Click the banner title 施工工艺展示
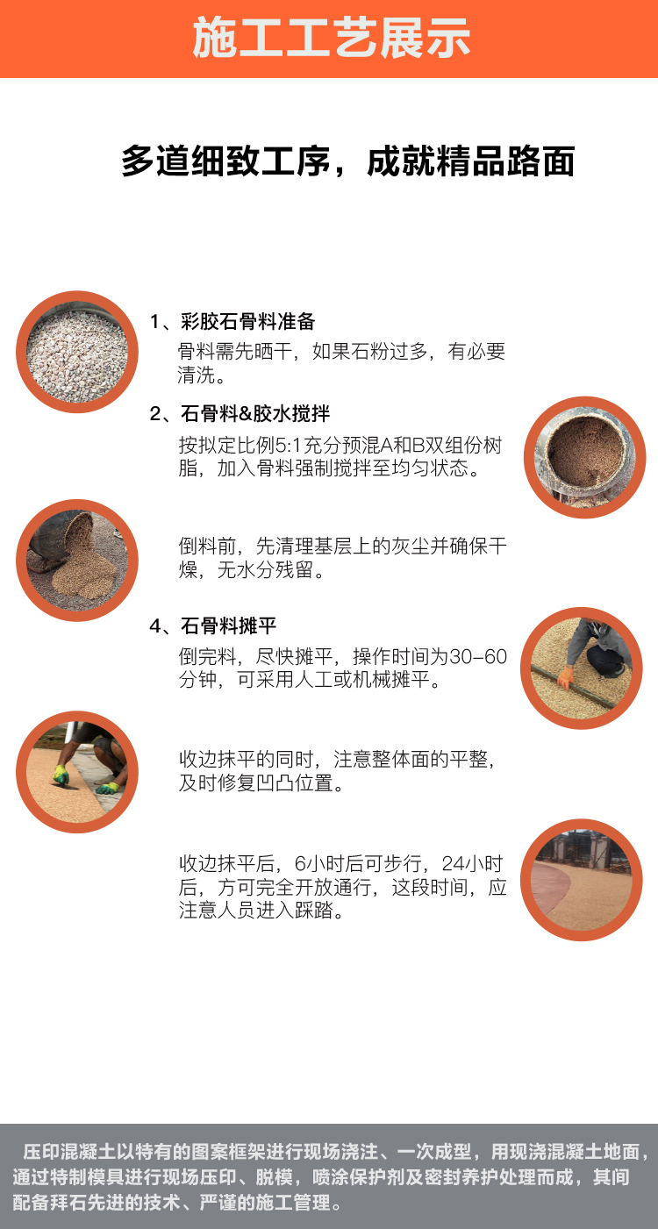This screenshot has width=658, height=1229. click(331, 39)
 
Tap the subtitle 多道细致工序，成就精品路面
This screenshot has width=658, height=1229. click(347, 162)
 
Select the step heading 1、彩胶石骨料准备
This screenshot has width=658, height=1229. click(232, 322)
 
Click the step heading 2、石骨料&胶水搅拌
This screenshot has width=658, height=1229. click(240, 414)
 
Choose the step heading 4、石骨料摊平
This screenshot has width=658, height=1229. click(213, 625)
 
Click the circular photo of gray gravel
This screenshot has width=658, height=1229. click(77, 353)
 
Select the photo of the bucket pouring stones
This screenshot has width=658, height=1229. click(77, 561)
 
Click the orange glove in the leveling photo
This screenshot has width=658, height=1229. click(566, 676)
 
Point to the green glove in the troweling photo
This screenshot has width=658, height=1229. click(61, 775)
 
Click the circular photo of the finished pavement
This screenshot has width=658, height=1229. click(581, 880)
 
